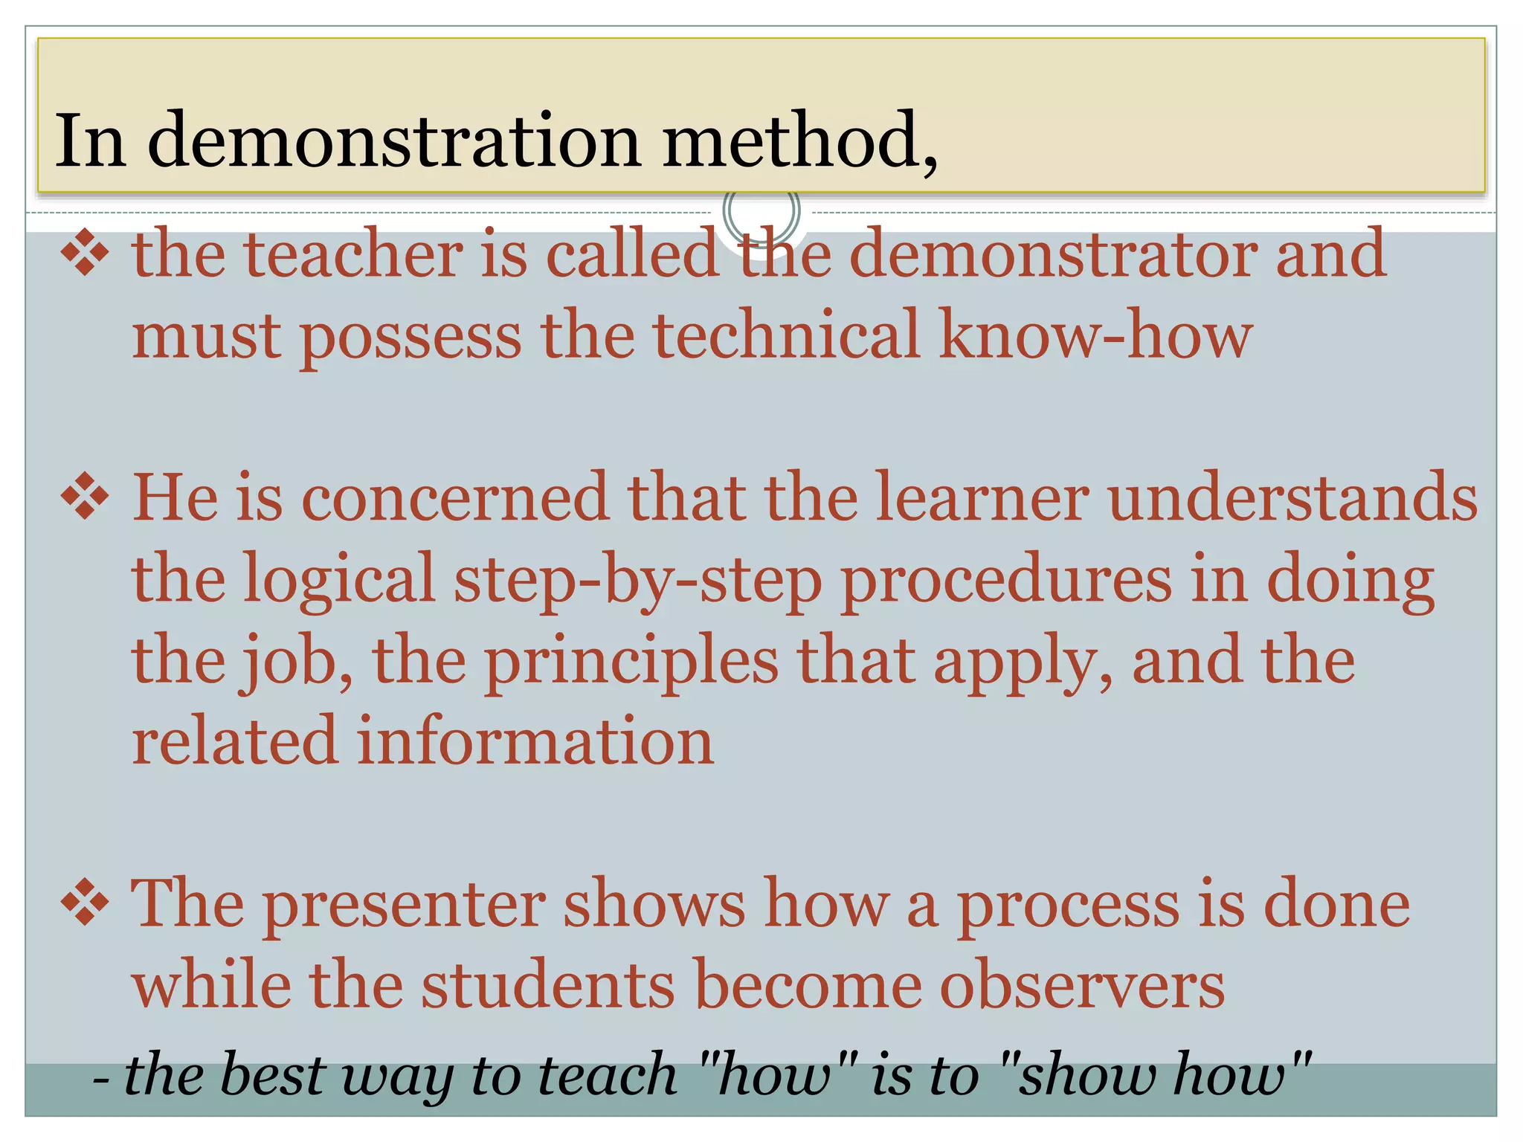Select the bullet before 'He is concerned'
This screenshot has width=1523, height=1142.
pyautogui.click(x=85, y=497)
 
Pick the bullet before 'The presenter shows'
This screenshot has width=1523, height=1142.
pyautogui.click(x=85, y=903)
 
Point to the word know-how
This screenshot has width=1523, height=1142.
pyautogui.click(x=1096, y=335)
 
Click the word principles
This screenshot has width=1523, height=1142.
pyautogui.click(x=632, y=662)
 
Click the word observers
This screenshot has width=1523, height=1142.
pyautogui.click(x=1081, y=984)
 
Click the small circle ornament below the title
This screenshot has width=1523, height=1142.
pyautogui.click(x=761, y=211)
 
